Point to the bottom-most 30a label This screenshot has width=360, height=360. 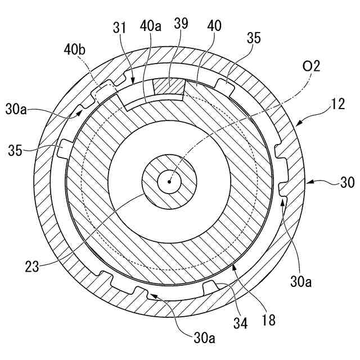204,337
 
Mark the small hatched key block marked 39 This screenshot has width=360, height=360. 169,88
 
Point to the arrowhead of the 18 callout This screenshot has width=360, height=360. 232,262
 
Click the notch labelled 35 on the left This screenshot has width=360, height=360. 60,150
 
